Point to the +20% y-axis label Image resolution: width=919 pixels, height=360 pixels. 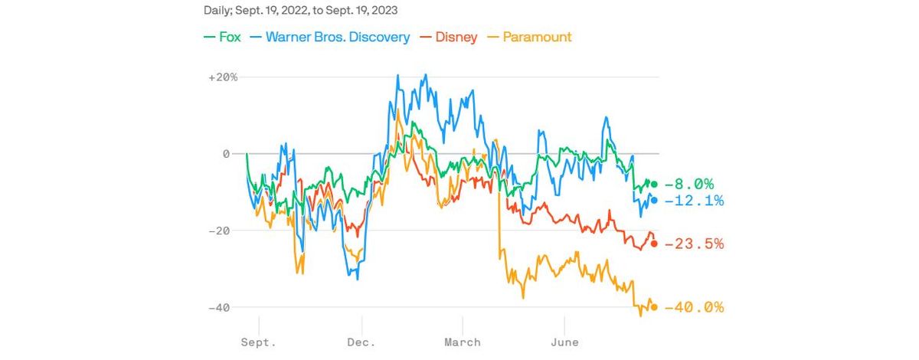223,77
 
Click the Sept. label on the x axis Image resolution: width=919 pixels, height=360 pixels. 259,342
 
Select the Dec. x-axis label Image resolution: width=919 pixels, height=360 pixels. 360,342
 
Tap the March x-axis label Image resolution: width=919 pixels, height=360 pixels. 463,342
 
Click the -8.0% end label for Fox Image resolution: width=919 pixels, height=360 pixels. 689,184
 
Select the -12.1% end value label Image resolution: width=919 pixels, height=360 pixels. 694,201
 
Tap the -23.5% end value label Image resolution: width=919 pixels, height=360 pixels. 694,244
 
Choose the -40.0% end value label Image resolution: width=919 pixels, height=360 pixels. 694,307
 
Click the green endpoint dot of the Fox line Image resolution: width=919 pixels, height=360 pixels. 653,184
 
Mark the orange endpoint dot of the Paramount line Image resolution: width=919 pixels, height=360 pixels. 653,307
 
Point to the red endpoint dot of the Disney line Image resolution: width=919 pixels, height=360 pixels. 653,244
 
